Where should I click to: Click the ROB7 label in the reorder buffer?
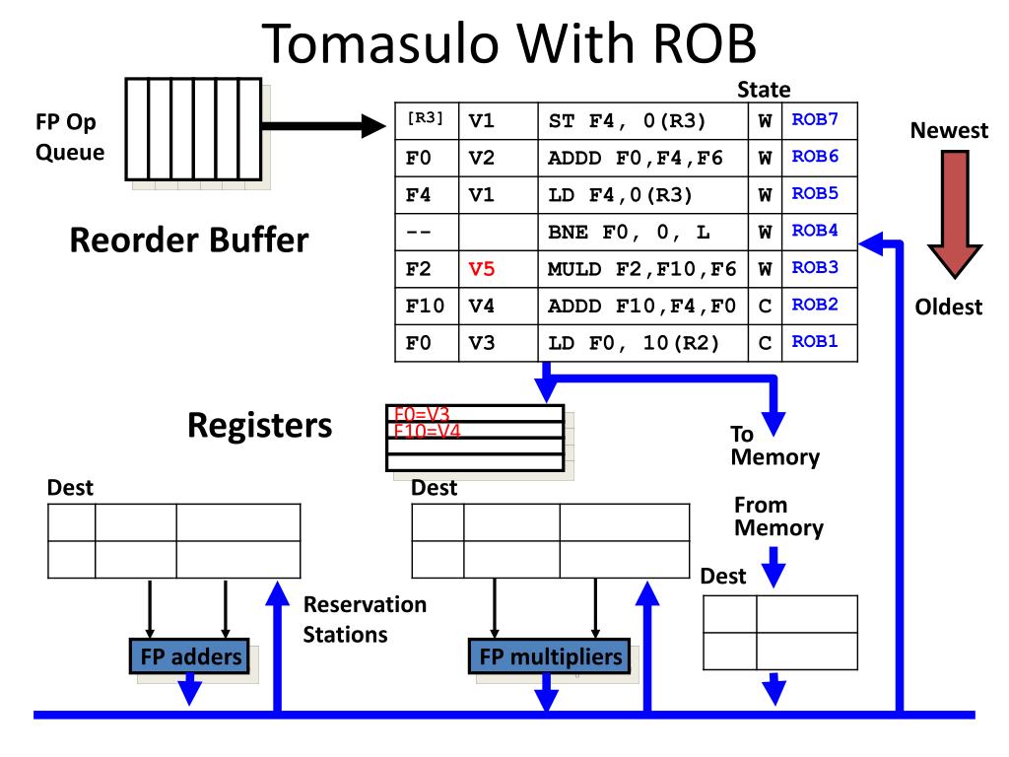click(x=815, y=119)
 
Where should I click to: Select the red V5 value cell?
click(x=481, y=268)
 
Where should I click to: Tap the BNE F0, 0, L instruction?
click(x=629, y=232)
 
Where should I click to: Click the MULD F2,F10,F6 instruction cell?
click(x=642, y=268)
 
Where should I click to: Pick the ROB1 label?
click(x=815, y=341)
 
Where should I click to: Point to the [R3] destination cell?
click(x=426, y=118)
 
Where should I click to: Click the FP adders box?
click(x=189, y=655)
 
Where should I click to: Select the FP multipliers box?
click(x=550, y=655)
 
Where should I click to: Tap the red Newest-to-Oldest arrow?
click(x=954, y=214)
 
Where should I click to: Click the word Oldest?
click(x=949, y=308)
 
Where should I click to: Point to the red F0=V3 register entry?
click(x=422, y=414)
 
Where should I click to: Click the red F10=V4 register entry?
click(x=428, y=431)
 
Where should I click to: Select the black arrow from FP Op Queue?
click(x=323, y=126)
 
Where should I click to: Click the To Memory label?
click(x=774, y=446)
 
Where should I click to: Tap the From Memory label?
click(x=778, y=516)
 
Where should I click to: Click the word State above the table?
click(x=764, y=90)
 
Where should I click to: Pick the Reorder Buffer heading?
click(x=189, y=241)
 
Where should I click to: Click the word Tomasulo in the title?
click(x=380, y=43)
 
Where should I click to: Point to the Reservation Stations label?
click(x=365, y=619)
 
